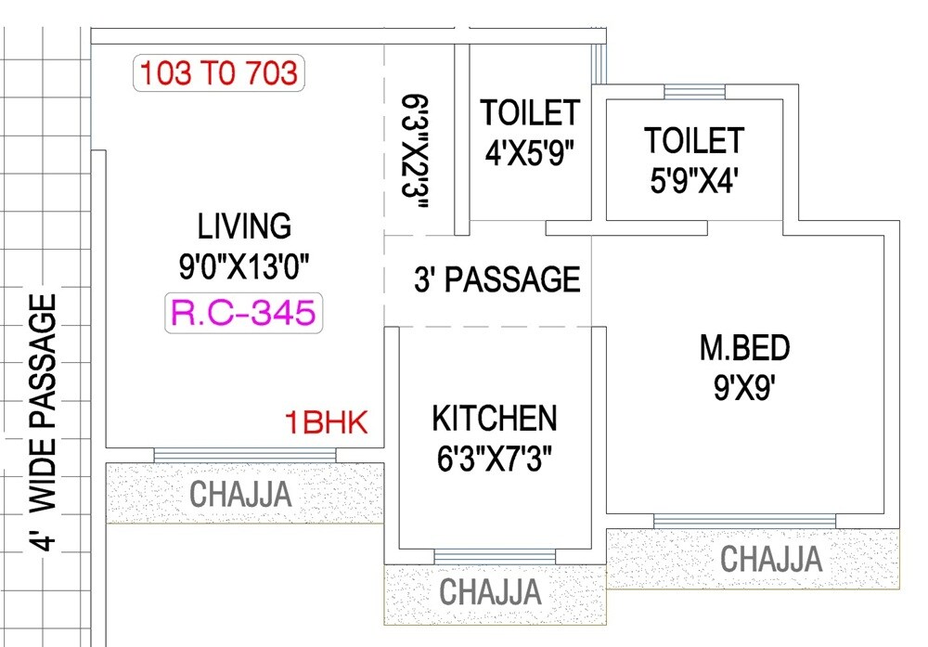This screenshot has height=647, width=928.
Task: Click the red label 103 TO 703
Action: (x=218, y=73)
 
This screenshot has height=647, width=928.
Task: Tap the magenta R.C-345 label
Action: (x=243, y=313)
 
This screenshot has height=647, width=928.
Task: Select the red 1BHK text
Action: (x=327, y=424)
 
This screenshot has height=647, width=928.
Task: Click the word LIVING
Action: (x=244, y=226)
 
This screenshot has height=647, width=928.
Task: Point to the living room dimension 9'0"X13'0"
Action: (x=244, y=267)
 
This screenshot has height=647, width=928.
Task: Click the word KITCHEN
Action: (x=494, y=419)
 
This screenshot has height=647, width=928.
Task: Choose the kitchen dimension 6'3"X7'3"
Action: (x=494, y=460)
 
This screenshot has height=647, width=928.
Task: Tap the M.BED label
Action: (x=744, y=348)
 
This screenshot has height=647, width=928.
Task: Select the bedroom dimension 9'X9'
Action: (x=744, y=388)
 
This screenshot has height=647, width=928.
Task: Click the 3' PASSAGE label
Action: (x=496, y=279)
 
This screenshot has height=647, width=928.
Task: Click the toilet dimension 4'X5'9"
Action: (x=529, y=152)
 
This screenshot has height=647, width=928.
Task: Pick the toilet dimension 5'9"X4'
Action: (x=694, y=178)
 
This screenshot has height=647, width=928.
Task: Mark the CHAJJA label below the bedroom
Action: (x=771, y=560)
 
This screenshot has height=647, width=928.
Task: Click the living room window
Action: (x=245, y=454)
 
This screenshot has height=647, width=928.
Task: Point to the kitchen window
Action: (x=495, y=555)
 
